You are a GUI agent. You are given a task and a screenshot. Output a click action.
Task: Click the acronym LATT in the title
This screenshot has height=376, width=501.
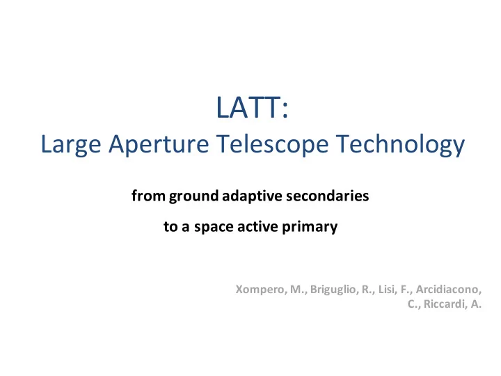pos(248,107)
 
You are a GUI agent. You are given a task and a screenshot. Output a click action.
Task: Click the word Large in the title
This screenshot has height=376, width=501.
pos(71,145)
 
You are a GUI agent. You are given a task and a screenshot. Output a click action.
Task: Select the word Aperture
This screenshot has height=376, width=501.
pos(159,145)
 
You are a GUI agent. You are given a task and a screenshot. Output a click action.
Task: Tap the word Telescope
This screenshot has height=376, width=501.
pos(272,145)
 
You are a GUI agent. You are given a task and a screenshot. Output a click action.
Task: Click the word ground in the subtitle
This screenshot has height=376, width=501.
pos(193,196)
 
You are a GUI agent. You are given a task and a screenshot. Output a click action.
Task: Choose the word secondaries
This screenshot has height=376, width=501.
pos(328,196)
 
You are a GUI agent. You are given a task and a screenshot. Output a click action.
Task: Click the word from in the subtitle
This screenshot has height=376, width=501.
pos(149,196)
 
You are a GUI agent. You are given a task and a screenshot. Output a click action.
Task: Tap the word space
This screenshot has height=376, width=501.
pos(214,227)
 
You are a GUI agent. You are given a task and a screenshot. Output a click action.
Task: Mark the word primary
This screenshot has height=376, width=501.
pos(310,227)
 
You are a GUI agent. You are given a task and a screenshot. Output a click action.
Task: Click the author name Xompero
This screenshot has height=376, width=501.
pos(261,290)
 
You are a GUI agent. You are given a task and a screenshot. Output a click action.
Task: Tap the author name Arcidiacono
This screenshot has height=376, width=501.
pos(448,290)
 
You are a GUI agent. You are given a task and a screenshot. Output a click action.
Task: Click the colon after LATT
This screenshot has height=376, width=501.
pos(285,111)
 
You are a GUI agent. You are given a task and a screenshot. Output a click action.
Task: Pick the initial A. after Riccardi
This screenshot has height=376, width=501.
pos(476,304)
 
